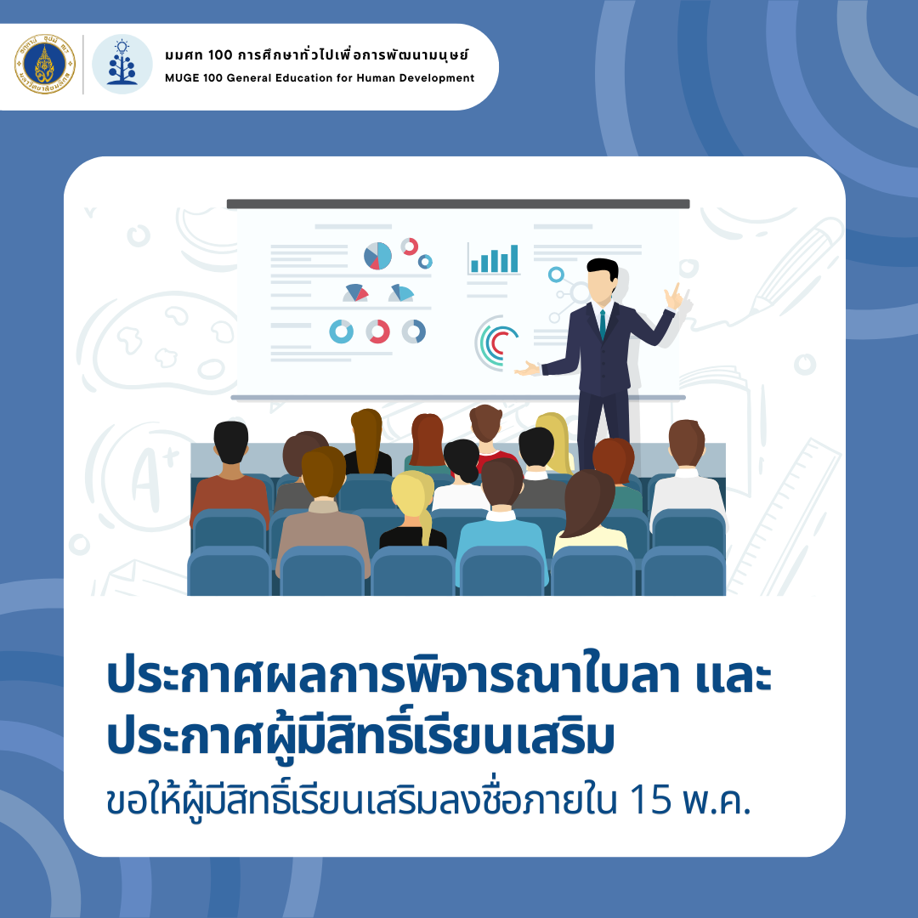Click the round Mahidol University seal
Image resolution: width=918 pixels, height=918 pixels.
45,65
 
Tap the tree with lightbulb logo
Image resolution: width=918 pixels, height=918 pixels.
122,65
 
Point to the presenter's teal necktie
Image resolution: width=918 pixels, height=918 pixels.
603,324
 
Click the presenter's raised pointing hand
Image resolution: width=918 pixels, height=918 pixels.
674,297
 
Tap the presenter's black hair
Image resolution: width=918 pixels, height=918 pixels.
603,268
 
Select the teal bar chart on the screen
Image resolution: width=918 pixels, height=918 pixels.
494,258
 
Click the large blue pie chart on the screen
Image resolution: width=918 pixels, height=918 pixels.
377,256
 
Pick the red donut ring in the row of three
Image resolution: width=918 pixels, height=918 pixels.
377,332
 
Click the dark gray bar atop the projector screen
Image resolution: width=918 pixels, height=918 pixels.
458,204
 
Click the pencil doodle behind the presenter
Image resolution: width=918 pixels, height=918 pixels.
797,264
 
